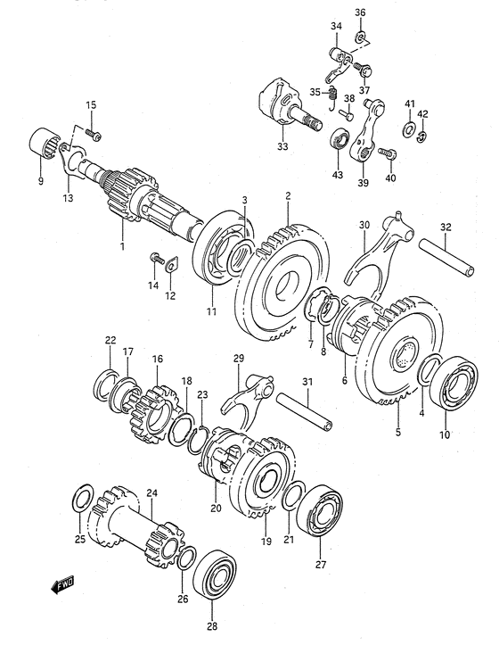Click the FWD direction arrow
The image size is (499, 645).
pyautogui.click(x=62, y=584)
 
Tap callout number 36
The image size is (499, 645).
pyautogui.click(x=360, y=12)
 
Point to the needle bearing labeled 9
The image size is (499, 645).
pyautogui.click(x=45, y=143)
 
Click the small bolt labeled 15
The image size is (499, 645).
pyautogui.click(x=94, y=134)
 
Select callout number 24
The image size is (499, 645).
pyautogui.click(x=151, y=492)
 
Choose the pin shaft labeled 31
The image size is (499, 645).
pyautogui.click(x=305, y=411)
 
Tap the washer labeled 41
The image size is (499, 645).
pyautogui.click(x=408, y=130)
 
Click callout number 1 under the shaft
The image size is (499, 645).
pyautogui.click(x=122, y=246)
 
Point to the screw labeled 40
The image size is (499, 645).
pyautogui.click(x=388, y=153)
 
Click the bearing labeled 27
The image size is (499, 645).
pyautogui.click(x=320, y=510)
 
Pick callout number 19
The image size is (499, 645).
pyautogui.click(x=266, y=541)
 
